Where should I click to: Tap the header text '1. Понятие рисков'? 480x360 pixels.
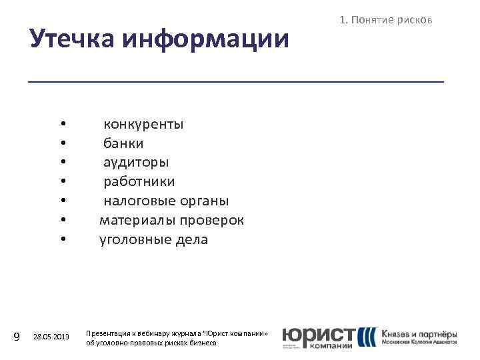tap(386, 21)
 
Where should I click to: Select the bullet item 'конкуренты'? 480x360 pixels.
tap(143, 124)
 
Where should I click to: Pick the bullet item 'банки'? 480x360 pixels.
tap(123, 143)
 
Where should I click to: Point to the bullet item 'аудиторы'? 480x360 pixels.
tap(136, 163)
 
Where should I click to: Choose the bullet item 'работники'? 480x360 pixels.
tap(139, 181)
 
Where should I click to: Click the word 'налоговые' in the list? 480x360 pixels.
tap(138, 201)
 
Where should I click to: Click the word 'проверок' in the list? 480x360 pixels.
tap(210, 220)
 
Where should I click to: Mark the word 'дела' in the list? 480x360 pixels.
tap(189, 239)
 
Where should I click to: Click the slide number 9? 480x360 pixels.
tap(18, 337)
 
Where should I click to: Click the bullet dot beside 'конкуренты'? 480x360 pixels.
tap(61, 124)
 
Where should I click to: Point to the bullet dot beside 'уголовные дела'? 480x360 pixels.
tap(61, 239)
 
